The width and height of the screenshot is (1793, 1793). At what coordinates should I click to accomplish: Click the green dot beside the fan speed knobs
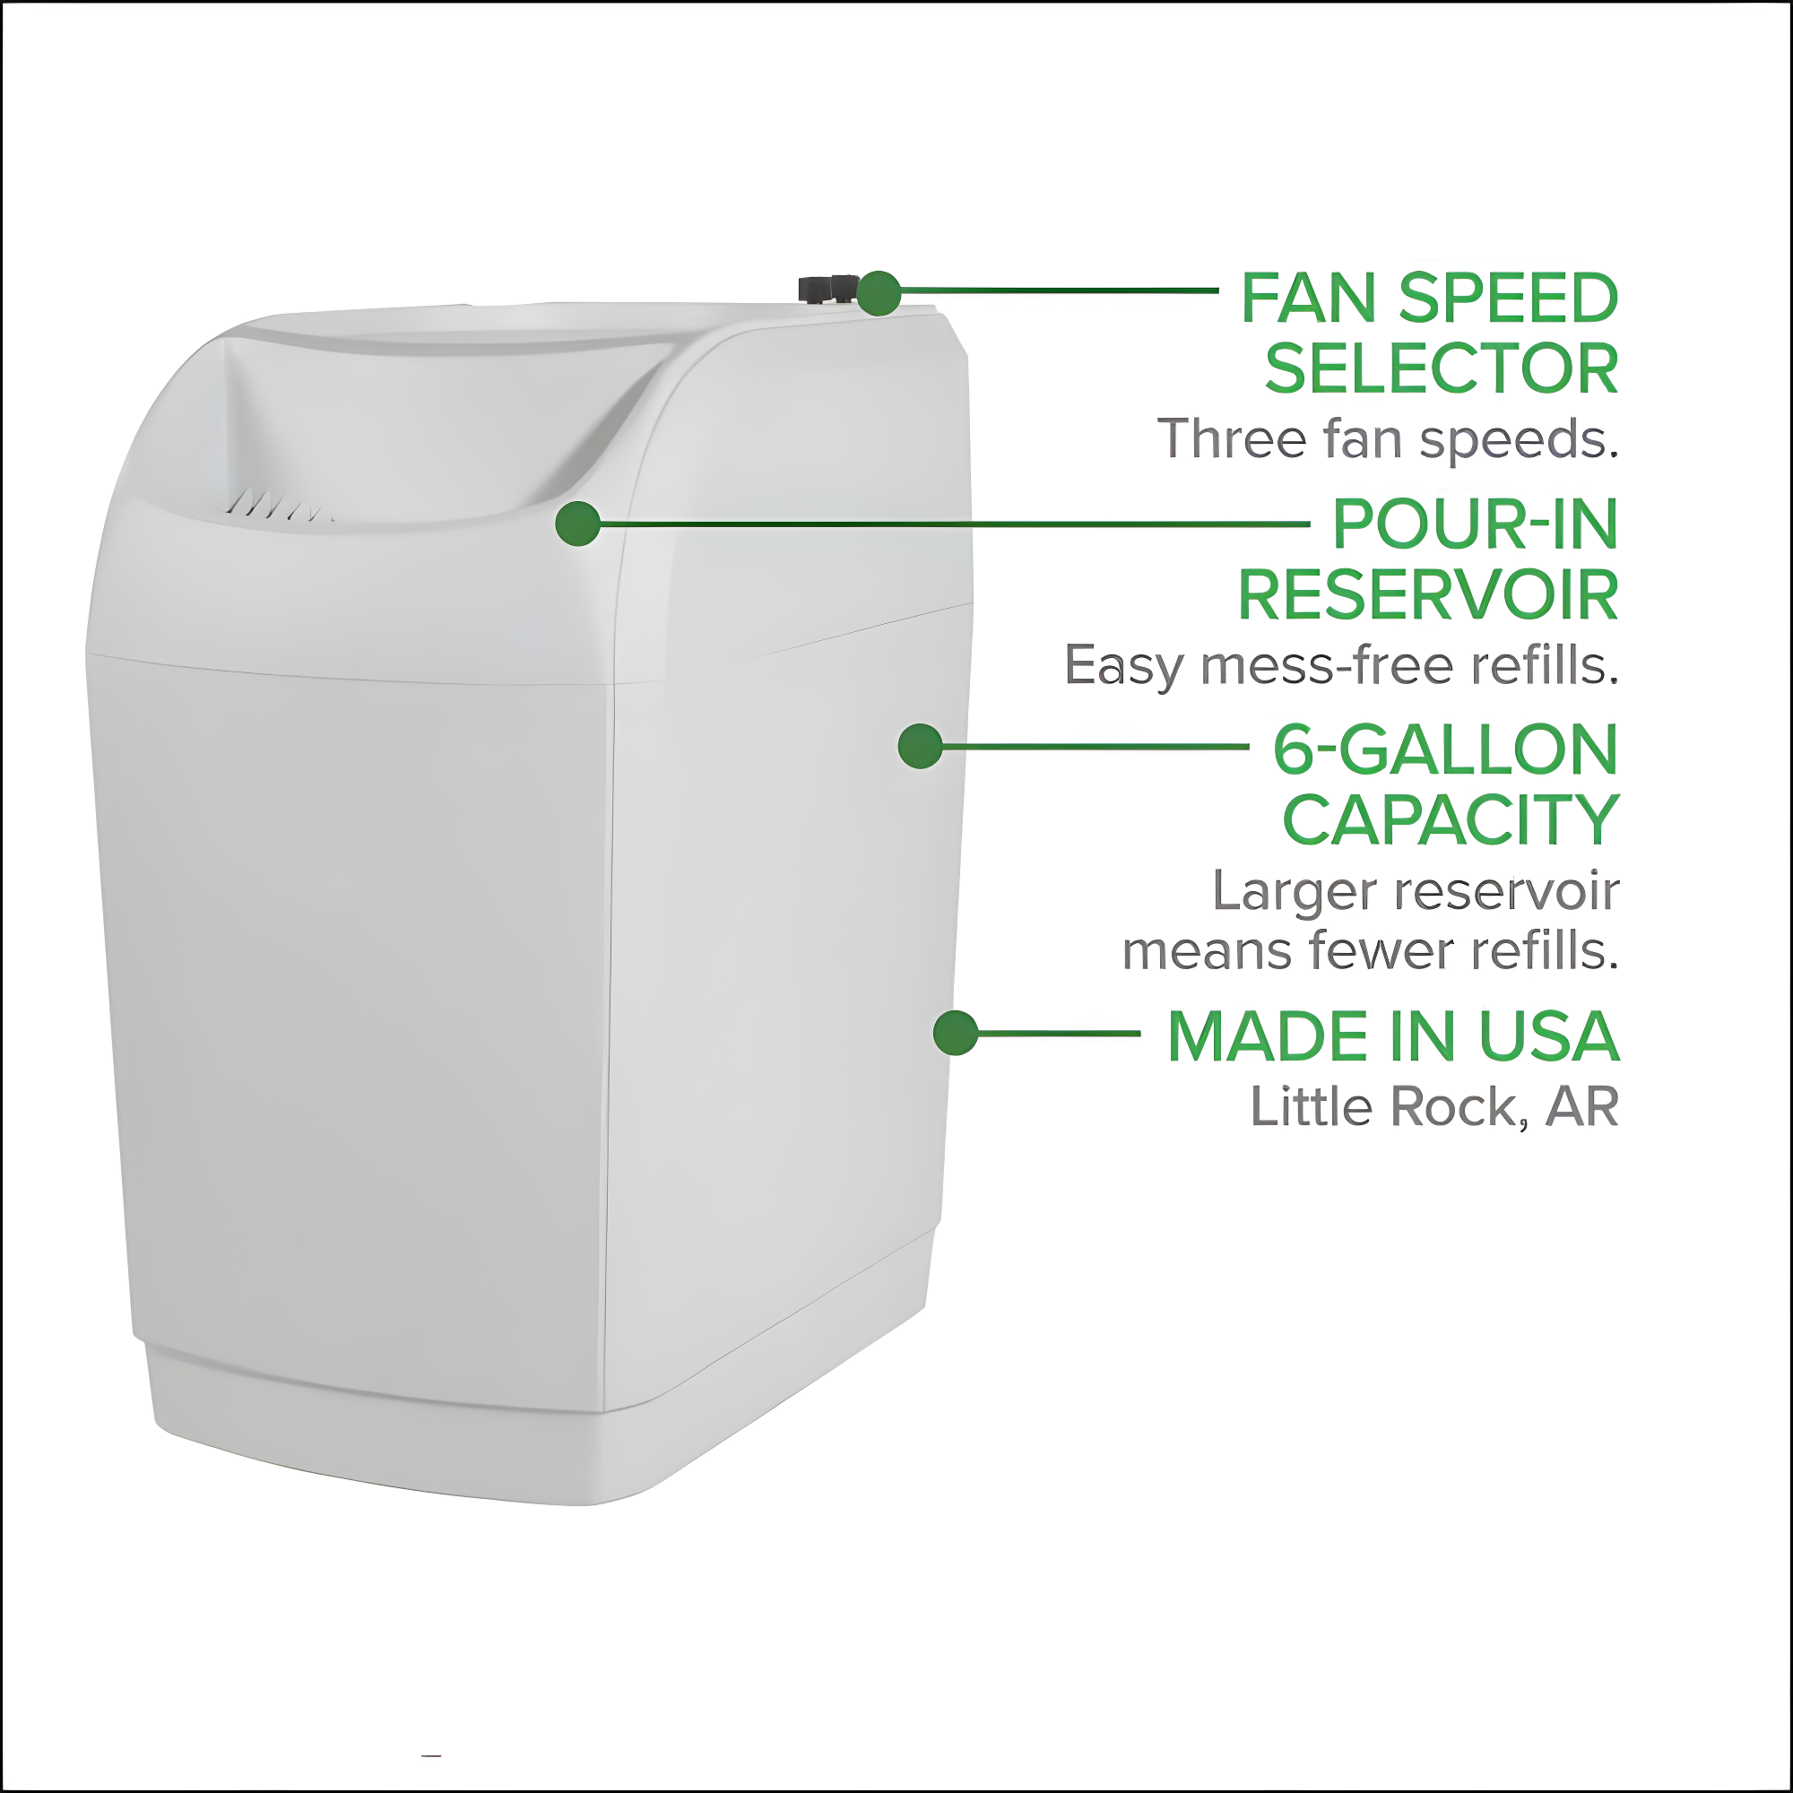(x=878, y=293)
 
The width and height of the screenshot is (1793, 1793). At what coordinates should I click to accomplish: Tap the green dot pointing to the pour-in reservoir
(x=577, y=524)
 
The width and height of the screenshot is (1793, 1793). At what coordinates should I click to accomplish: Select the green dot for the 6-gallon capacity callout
(x=920, y=746)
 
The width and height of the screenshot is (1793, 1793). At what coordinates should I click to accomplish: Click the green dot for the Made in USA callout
(x=955, y=1032)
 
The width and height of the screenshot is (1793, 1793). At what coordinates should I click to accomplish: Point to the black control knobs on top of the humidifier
(x=826, y=289)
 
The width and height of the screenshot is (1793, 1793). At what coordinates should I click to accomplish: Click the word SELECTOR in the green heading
(x=1441, y=369)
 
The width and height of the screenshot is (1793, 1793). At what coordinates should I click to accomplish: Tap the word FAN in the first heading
(x=1309, y=299)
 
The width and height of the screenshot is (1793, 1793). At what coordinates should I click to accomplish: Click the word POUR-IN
(x=1475, y=524)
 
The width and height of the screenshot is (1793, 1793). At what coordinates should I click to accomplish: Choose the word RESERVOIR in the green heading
(x=1427, y=596)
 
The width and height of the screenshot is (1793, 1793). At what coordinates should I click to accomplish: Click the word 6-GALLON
(x=1445, y=749)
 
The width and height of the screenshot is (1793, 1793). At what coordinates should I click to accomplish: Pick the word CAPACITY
(x=1450, y=821)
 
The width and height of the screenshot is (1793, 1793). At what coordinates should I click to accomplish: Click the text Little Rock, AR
(x=1434, y=1107)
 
